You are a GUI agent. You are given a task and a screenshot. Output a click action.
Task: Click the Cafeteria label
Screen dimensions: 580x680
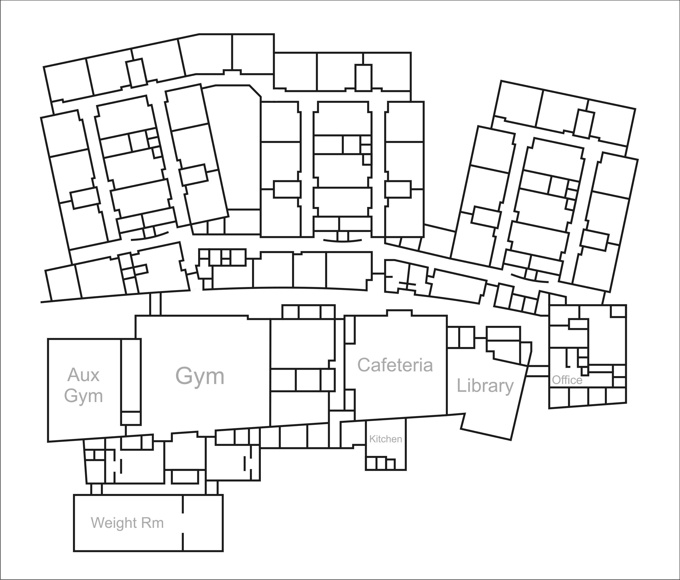(x=395, y=365)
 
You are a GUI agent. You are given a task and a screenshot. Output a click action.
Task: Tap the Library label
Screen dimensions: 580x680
(x=485, y=386)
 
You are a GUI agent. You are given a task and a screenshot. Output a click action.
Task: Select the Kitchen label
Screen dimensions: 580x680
(x=385, y=439)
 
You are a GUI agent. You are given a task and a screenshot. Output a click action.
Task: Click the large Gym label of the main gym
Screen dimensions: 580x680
(x=200, y=376)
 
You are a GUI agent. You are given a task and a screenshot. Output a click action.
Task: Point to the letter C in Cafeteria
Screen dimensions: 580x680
(x=364, y=365)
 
